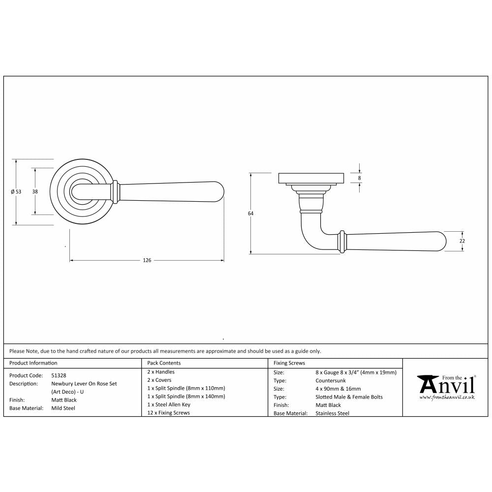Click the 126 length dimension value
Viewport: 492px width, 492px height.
click(x=147, y=260)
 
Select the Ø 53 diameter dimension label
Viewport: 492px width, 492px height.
click(x=16, y=192)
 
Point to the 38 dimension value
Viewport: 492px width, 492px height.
click(x=35, y=191)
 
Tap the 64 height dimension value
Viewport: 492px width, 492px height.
click(x=250, y=214)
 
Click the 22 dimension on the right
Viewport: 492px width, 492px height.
click(x=462, y=241)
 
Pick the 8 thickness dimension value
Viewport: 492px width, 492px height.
click(x=360, y=178)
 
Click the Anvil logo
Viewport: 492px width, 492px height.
click(x=446, y=386)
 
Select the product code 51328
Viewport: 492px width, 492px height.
click(x=59, y=375)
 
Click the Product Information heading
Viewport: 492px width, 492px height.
click(x=33, y=363)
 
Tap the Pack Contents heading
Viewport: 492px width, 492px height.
click(x=164, y=363)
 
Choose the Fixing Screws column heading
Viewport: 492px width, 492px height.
click(x=289, y=363)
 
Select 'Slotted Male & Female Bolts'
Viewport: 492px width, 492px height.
click(x=349, y=397)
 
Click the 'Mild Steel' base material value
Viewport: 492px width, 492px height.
click(x=63, y=408)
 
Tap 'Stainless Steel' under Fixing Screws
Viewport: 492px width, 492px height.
click(x=332, y=413)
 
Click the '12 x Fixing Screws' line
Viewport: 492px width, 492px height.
click(x=168, y=413)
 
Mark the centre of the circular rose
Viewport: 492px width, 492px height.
click(x=82, y=191)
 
